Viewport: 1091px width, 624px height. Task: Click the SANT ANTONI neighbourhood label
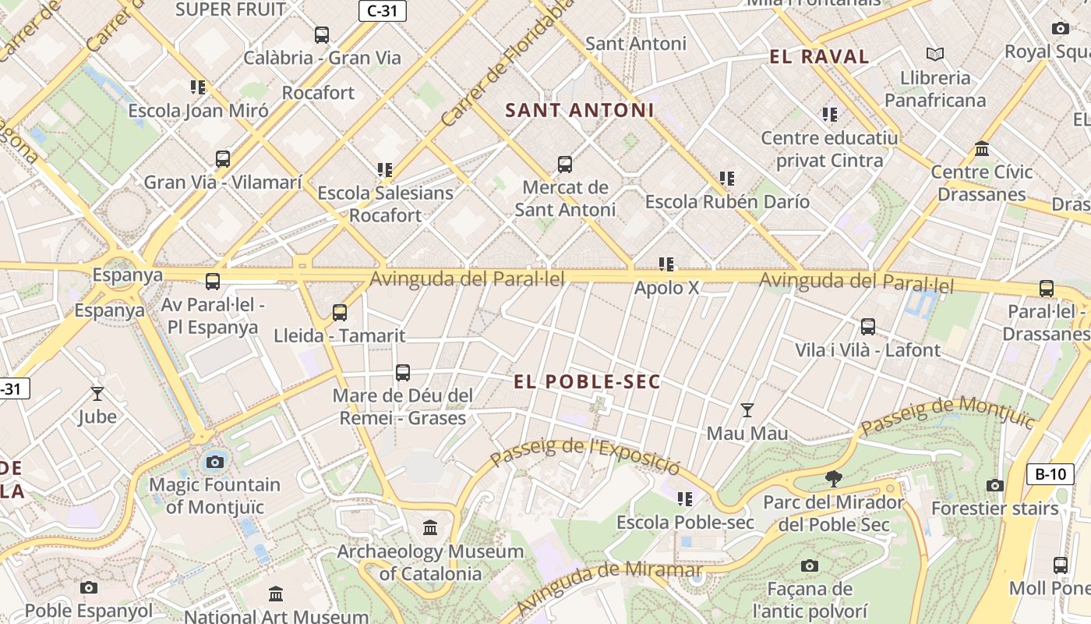(x=580, y=111)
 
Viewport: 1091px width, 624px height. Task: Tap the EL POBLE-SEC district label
(x=587, y=381)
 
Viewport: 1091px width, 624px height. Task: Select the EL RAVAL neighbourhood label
(x=819, y=56)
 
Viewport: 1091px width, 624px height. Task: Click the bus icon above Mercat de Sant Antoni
(x=565, y=165)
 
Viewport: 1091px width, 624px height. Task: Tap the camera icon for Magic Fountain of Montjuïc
(x=215, y=462)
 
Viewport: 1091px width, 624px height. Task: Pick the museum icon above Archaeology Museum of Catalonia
(x=430, y=528)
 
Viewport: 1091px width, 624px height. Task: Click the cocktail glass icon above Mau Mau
(x=747, y=409)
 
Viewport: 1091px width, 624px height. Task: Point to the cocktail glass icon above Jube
(x=97, y=393)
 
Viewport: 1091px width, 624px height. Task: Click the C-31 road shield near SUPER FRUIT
(x=382, y=11)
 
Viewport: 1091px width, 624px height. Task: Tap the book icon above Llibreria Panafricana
(x=935, y=54)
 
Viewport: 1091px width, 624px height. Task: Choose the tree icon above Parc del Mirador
(x=834, y=479)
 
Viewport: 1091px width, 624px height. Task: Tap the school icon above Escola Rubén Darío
(x=727, y=179)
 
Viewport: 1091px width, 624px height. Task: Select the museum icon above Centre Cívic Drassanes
(x=982, y=148)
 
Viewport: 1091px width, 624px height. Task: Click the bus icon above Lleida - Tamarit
(x=340, y=313)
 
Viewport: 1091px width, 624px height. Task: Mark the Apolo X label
(x=666, y=288)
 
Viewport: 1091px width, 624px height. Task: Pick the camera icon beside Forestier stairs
(x=994, y=486)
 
